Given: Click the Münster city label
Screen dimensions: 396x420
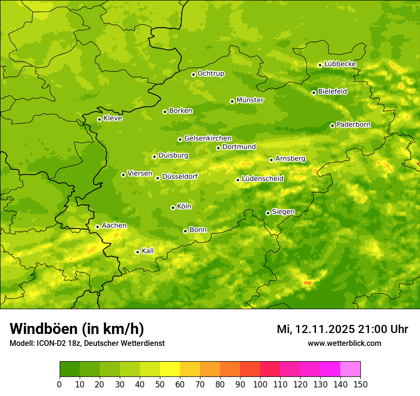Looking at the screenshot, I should coord(250,100).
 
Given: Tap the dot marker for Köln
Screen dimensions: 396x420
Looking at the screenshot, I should coord(173,208).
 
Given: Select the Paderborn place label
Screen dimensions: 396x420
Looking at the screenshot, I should coord(354,125).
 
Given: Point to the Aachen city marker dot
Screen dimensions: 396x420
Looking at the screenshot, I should coord(97,227).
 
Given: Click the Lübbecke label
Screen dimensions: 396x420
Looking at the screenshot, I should coord(340,64).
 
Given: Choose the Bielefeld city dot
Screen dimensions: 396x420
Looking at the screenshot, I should coord(314,93).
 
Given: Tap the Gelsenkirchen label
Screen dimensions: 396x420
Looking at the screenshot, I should coord(208,138).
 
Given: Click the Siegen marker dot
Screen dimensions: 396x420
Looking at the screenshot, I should coord(268,213).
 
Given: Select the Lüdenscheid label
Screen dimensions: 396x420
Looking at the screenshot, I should coord(263,179).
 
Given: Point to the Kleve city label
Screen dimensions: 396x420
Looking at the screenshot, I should coord(113,118).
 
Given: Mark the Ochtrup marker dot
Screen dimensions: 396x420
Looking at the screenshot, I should coord(193,74).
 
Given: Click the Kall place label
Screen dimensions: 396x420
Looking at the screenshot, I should coord(148,251).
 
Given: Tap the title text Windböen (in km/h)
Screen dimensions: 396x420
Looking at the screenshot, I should coord(77,329).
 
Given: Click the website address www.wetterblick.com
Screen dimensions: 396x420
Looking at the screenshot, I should coord(345,343).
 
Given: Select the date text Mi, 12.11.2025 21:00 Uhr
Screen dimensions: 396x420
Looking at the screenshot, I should coord(342,329).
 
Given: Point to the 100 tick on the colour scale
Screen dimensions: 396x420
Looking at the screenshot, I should coord(260,385).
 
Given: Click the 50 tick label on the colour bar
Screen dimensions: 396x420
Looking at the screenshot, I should coord(160,385).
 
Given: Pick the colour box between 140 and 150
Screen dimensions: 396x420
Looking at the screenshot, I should coord(350,369).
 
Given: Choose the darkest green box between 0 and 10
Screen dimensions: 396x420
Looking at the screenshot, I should coord(70,369).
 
